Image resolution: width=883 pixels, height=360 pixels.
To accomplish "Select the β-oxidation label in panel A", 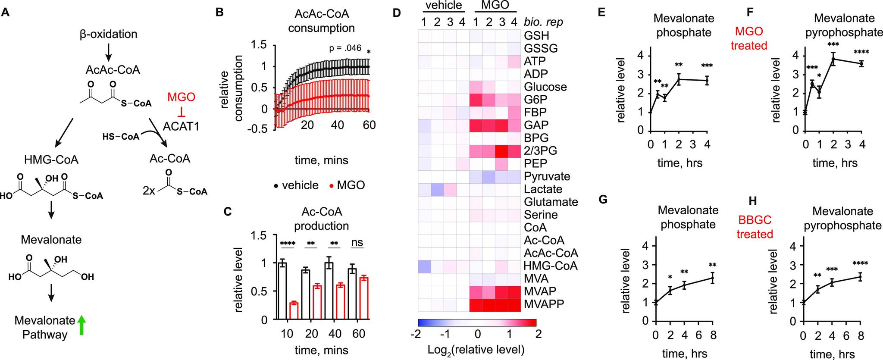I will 108,34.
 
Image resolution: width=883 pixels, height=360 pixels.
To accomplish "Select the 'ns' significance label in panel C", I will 357,243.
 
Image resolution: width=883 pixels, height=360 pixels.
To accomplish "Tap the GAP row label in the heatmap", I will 536,125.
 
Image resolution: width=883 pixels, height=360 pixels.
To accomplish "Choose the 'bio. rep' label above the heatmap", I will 543,21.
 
